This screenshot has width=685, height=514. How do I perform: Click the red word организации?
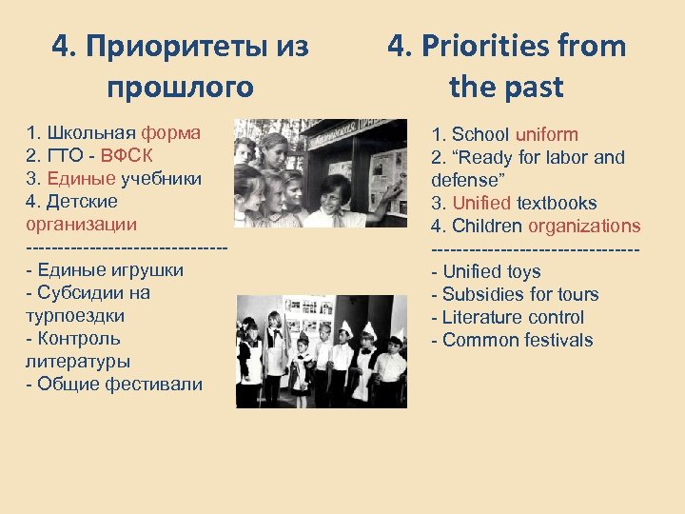click(x=81, y=225)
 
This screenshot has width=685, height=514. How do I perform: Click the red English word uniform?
click(x=546, y=134)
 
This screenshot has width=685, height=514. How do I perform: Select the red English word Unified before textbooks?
click(x=481, y=203)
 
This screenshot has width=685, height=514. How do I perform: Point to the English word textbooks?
click(x=557, y=203)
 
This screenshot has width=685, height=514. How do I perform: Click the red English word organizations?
click(x=584, y=226)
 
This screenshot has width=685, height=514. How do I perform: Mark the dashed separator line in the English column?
click(x=535, y=248)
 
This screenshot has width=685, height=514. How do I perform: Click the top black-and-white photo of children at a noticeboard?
click(x=320, y=173)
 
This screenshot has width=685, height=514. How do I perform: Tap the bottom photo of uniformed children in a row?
click(x=321, y=351)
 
